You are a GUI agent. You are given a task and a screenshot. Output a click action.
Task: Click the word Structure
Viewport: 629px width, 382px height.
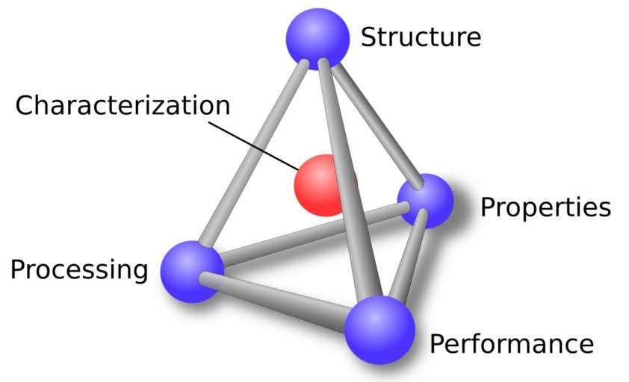pyautogui.click(x=421, y=37)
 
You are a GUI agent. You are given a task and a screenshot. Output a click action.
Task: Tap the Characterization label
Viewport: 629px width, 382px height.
pyautogui.click(x=123, y=105)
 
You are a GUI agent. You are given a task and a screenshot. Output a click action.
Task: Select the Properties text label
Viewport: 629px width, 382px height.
pyautogui.click(x=545, y=207)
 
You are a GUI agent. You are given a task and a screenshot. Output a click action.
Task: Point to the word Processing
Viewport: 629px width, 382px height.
pyautogui.click(x=79, y=269)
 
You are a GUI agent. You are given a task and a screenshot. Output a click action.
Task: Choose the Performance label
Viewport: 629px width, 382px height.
pyautogui.click(x=512, y=344)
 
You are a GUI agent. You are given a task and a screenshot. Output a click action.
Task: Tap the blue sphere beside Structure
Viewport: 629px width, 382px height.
pyautogui.click(x=318, y=38)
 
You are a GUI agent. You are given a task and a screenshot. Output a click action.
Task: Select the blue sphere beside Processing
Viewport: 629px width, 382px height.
pyautogui.click(x=192, y=271)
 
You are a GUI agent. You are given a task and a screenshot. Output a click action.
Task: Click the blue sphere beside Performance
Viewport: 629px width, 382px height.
pyautogui.click(x=379, y=329)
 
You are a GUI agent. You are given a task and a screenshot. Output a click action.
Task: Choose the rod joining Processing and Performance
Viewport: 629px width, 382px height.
pyautogui.click(x=276, y=296)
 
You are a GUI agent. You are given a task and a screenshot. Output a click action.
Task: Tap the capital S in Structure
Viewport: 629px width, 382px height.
pyautogui.click(x=368, y=37)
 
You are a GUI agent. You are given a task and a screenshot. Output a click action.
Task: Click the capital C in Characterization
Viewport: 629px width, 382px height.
pyautogui.click(x=25, y=105)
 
